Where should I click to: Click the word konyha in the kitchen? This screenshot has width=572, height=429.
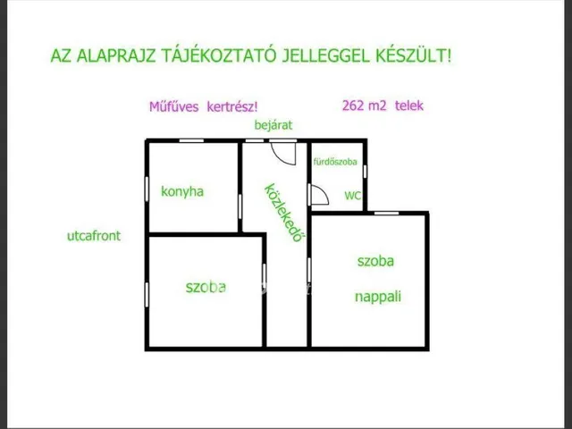pyautogui.click(x=182, y=191)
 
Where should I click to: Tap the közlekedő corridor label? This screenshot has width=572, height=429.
pyautogui.click(x=284, y=213)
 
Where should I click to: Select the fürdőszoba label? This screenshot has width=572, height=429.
pyautogui.click(x=335, y=162)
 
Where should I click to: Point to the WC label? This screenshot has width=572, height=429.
pyautogui.click(x=352, y=196)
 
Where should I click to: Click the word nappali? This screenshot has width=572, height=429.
pyautogui.click(x=378, y=296)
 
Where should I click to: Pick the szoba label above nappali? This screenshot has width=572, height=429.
pyautogui.click(x=375, y=261)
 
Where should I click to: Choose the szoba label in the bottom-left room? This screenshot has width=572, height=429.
pyautogui.click(x=206, y=287)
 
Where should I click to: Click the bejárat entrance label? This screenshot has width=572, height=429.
pyautogui.click(x=273, y=125)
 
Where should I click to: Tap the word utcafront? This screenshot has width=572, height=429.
pyautogui.click(x=94, y=236)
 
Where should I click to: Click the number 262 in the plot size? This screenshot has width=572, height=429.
pyautogui.click(x=353, y=105)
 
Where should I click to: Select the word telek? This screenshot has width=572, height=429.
pyautogui.click(x=409, y=105)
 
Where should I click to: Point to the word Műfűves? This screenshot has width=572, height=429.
pyautogui.click(x=174, y=107)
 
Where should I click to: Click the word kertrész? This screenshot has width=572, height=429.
pyautogui.click(x=232, y=107)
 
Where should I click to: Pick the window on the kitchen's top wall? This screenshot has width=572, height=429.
pyautogui.click(x=191, y=140)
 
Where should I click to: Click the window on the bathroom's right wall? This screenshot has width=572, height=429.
pyautogui.click(x=365, y=171)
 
